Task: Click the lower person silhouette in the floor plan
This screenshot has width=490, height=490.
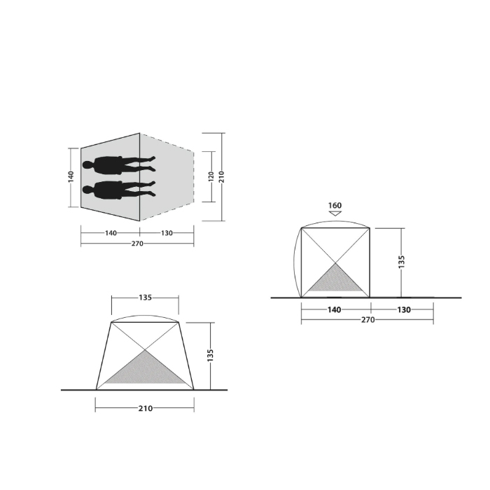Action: (119, 190)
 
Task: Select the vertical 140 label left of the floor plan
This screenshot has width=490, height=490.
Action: (71, 176)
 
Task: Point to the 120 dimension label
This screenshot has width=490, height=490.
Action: (211, 176)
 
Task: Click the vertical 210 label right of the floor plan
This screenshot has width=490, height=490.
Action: (222, 177)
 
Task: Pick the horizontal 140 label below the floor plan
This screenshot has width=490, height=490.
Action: (111, 233)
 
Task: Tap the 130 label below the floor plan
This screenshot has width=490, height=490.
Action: (167, 233)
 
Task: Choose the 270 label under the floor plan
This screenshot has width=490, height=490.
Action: (137, 244)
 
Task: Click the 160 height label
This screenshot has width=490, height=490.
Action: (335, 205)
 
